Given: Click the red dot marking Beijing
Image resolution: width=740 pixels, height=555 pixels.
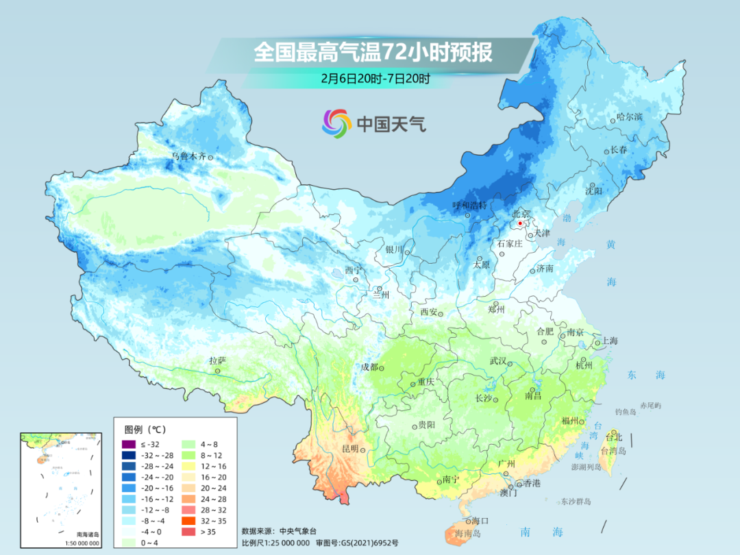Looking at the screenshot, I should tap(520, 223).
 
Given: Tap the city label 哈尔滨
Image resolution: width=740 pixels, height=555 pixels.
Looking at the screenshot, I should tap(629, 117).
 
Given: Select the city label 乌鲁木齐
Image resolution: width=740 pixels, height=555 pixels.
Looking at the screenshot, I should tap(188, 156).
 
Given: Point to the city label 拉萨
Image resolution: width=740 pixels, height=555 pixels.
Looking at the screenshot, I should tap(217, 360).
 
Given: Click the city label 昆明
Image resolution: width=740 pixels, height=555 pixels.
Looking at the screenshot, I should tap(349, 449).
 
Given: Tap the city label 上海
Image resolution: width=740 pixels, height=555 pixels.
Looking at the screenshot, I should tap(610, 341).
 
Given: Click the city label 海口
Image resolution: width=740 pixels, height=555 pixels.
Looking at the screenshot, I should tap(480, 522).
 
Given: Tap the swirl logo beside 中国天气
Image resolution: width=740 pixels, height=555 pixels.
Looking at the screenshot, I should tap(336, 123).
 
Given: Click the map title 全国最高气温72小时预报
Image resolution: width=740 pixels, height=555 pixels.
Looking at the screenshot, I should tap(373, 53).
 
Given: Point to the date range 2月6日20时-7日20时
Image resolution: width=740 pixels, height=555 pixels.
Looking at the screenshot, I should tap(375, 79).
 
